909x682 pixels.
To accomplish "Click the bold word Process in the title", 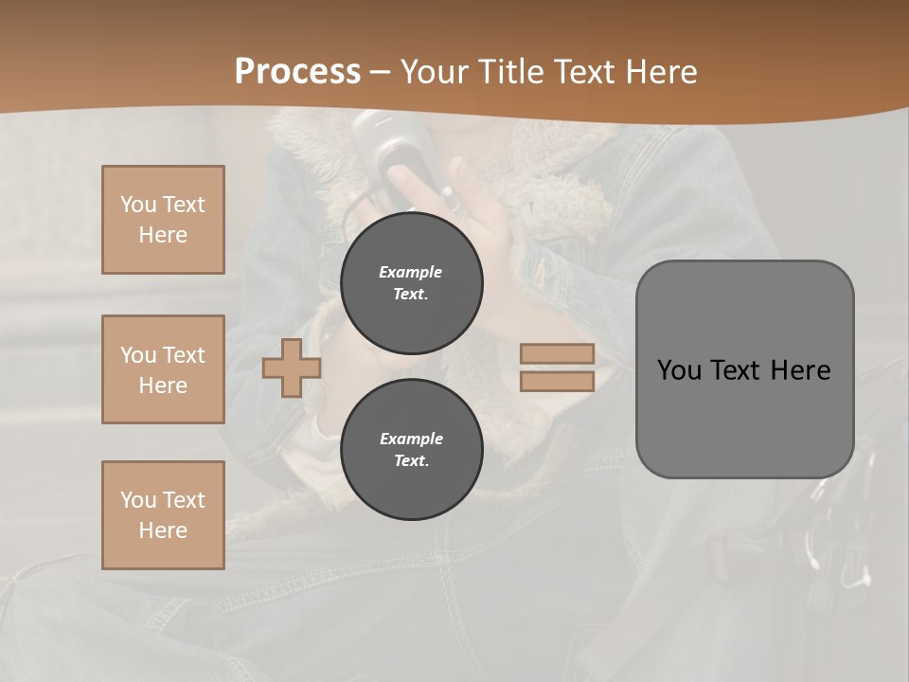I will [x=297, y=72].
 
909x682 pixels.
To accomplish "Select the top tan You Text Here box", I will [x=163, y=220].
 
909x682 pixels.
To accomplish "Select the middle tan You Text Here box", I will [x=163, y=369].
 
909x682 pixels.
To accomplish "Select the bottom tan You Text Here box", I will [x=163, y=515].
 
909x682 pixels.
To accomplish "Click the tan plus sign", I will [x=291, y=368].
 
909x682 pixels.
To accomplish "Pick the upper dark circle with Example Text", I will [x=412, y=283].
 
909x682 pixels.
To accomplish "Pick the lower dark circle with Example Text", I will [x=412, y=450].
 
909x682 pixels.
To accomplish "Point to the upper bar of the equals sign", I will [x=557, y=354].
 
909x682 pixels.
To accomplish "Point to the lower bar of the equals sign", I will [x=557, y=381].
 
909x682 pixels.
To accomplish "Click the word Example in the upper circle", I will [x=411, y=272].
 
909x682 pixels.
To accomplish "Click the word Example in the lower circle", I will [x=411, y=439].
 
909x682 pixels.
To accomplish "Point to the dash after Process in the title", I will [x=381, y=73].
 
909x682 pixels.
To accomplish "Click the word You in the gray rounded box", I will [x=680, y=370].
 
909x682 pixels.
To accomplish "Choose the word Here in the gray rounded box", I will [x=800, y=370].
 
